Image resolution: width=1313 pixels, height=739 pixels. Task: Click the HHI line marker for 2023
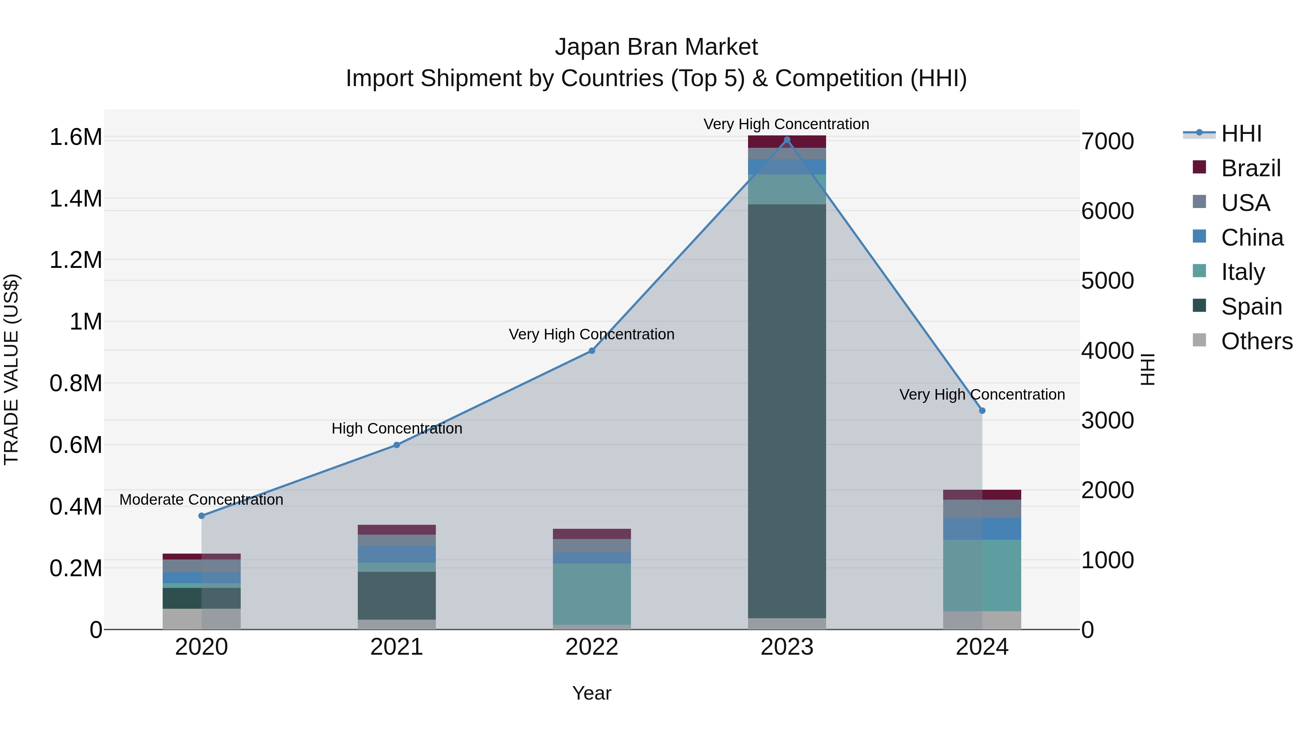[786, 140]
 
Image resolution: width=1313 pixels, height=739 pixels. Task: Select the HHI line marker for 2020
[201, 516]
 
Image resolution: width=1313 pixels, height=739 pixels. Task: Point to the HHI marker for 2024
[982, 411]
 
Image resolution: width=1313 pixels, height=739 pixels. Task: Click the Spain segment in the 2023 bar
[786, 411]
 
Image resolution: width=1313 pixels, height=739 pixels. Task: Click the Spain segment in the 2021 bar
[396, 595]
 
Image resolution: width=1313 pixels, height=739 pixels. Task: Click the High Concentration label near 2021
[396, 428]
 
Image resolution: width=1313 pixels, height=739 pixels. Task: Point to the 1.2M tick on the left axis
[76, 260]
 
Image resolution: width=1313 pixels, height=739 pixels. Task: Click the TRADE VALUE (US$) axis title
[11, 369]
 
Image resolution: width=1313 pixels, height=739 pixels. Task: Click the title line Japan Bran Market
[656, 47]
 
